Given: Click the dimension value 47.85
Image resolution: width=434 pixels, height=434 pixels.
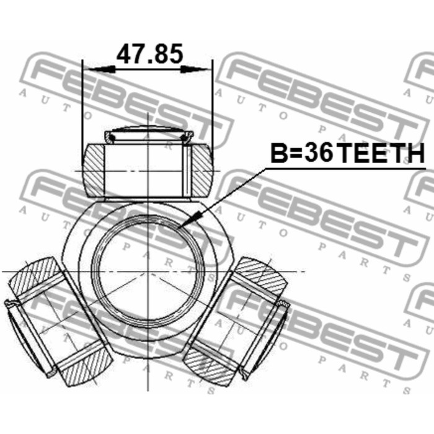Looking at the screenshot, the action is click(150, 54).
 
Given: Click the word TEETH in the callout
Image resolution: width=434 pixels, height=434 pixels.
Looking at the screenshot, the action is click(381, 153).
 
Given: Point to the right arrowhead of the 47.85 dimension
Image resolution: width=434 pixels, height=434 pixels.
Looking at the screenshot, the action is click(196, 69).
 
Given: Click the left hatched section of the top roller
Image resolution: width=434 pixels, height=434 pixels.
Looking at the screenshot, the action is click(94, 170).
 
